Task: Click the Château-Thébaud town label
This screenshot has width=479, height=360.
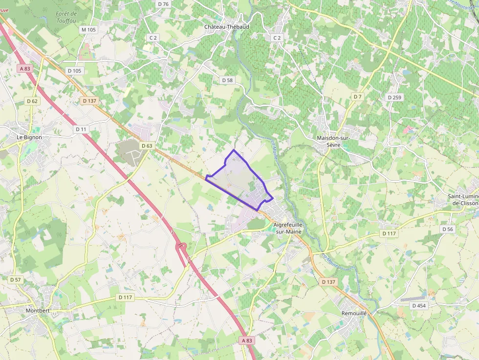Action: [x=226, y=26]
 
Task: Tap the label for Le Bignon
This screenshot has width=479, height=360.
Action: [x=29, y=137]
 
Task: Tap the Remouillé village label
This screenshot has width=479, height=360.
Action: [x=354, y=313]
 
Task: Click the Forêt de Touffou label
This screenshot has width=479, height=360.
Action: [x=66, y=17]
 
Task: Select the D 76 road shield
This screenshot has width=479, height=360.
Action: [x=163, y=4]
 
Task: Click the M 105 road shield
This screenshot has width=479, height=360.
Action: [x=89, y=30]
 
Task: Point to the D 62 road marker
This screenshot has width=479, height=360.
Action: [x=32, y=101]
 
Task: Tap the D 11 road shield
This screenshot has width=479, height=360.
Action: [x=81, y=129]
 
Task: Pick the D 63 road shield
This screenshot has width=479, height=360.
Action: [x=147, y=146]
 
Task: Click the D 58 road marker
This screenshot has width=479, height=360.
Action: [x=227, y=80]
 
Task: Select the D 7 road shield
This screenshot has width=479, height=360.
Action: [x=358, y=97]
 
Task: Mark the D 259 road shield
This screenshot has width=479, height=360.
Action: [x=394, y=98]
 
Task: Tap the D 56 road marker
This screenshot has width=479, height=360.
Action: [x=448, y=229]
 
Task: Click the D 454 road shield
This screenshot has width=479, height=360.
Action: [x=419, y=306]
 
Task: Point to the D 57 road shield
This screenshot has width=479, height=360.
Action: [x=16, y=279]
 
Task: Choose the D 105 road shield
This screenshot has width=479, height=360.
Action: [x=75, y=71]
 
